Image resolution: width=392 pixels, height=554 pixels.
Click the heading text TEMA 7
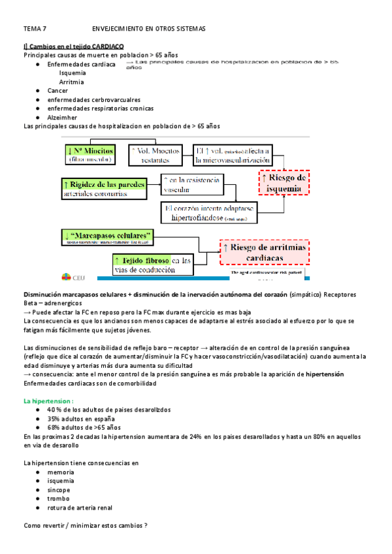point(35,29)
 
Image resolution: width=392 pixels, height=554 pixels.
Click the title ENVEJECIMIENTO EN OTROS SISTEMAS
point(149,29)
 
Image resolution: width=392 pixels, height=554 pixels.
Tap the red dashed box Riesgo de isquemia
point(284,183)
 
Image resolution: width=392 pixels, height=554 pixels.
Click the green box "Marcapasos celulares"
point(108,235)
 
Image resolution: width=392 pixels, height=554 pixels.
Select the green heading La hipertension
point(48,400)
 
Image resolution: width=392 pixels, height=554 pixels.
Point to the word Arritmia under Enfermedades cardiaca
point(71,82)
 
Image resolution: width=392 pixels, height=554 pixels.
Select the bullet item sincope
point(59,489)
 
